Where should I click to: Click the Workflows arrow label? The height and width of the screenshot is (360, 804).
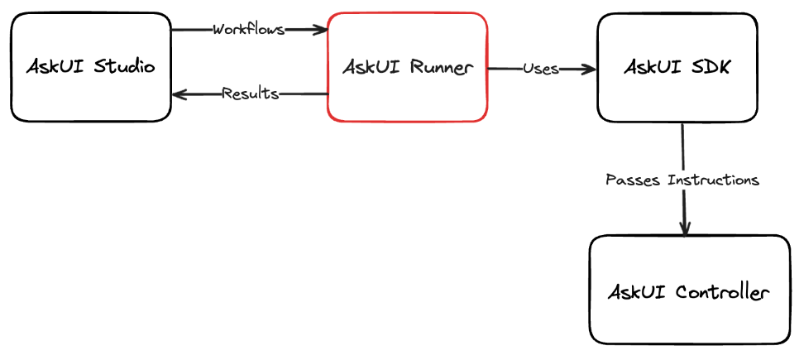(x=248, y=30)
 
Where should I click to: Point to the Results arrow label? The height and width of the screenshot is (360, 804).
(x=250, y=94)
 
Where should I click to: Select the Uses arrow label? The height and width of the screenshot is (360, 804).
(x=540, y=69)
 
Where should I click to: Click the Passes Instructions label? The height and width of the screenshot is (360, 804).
(x=682, y=179)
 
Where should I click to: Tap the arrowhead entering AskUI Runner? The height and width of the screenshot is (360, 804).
(x=321, y=30)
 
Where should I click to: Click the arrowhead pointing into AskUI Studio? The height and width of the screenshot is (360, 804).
(x=179, y=94)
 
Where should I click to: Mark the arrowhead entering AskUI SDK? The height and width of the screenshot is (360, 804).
(x=590, y=70)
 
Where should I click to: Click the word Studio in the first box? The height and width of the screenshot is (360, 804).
(x=122, y=66)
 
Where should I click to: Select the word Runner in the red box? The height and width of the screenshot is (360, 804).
(x=441, y=68)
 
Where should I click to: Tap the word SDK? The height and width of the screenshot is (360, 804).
(x=711, y=68)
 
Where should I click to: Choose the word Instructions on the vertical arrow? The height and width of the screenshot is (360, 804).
(x=713, y=179)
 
